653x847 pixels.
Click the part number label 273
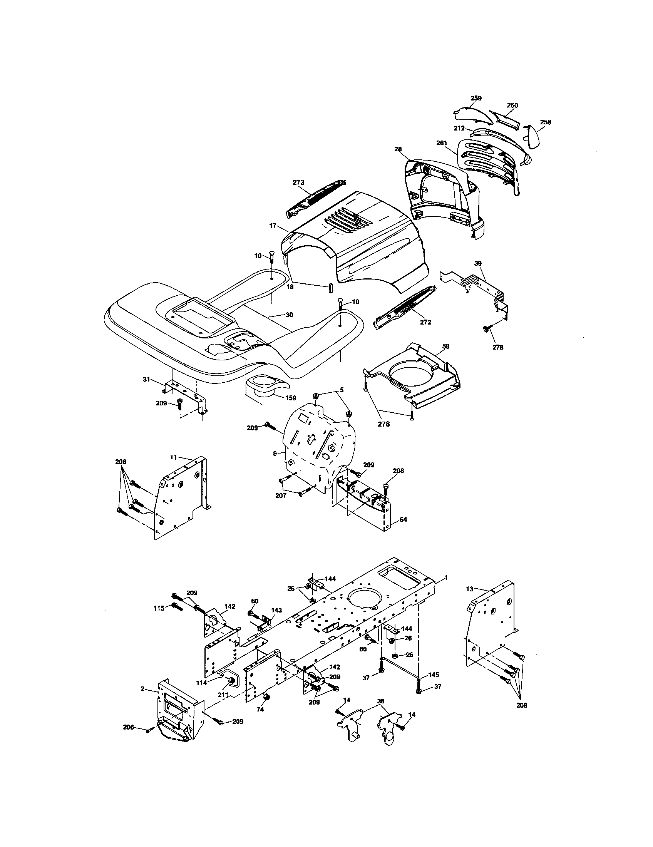(298, 182)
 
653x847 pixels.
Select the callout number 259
(476, 98)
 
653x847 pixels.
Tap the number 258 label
(545, 122)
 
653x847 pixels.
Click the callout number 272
(425, 322)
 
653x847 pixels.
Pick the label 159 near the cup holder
(290, 398)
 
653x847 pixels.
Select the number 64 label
(403, 519)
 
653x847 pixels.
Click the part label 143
(276, 610)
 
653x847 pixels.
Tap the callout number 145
(434, 675)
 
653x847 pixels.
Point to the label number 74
(260, 709)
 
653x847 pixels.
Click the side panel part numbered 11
(180, 500)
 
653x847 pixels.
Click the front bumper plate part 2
(176, 710)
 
